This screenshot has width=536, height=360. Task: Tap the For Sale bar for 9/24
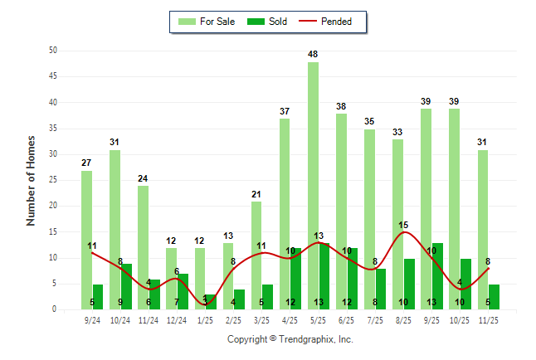tap(86, 241)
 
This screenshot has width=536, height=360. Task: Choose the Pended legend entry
tap(329, 22)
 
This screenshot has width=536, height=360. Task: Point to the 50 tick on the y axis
tap(53, 51)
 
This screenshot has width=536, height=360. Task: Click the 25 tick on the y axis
tap(53, 180)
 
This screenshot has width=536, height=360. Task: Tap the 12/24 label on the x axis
tap(177, 319)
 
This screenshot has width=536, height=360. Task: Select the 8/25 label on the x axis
tap(403, 319)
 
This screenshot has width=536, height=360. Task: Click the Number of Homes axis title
tap(31, 180)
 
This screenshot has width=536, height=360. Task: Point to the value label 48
tap(313, 55)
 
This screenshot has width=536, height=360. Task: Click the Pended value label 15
tap(403, 225)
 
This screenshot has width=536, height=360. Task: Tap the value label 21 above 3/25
tap(256, 194)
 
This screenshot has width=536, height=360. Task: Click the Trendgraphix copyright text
tap(290, 339)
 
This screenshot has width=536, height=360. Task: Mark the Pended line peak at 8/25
tap(403, 232)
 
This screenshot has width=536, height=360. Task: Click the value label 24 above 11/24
tap(143, 178)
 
